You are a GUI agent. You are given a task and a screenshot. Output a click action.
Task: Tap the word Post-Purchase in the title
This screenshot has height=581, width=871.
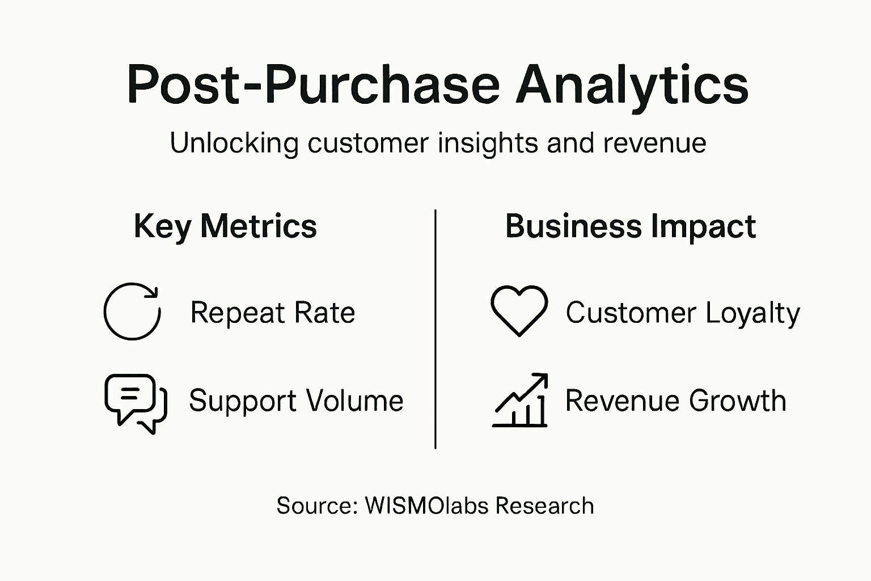pyautogui.click(x=314, y=85)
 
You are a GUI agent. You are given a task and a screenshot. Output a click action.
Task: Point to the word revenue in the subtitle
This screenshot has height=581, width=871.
pyautogui.click(x=654, y=142)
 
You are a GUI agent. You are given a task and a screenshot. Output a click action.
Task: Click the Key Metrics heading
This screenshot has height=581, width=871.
pyautogui.click(x=225, y=226)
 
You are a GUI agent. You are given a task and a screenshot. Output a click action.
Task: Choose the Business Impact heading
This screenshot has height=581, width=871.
pyautogui.click(x=630, y=226)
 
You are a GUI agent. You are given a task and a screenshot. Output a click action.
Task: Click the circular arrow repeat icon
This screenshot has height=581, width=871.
pyautogui.click(x=132, y=311)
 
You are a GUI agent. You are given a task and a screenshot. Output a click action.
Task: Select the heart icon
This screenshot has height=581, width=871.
pyautogui.click(x=519, y=310)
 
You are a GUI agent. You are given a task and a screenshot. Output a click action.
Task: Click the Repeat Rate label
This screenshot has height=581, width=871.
pyautogui.click(x=272, y=313)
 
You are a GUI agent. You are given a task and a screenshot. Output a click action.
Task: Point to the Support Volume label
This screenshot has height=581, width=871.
pyautogui.click(x=296, y=401)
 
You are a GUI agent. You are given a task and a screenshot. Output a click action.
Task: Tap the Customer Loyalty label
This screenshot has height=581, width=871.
pyautogui.click(x=683, y=313)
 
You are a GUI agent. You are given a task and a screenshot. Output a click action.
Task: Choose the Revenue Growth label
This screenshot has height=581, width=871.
pyautogui.click(x=675, y=401)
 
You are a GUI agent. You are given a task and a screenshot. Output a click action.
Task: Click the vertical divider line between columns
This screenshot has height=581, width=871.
pyautogui.click(x=435, y=329)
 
